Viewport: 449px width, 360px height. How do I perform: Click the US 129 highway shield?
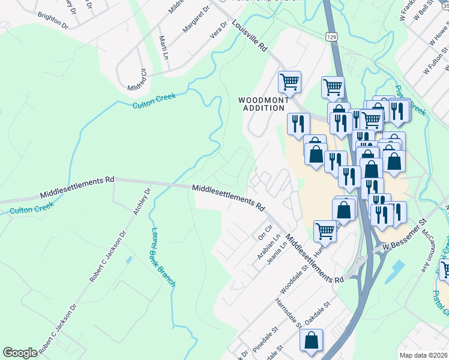[x=332, y=37]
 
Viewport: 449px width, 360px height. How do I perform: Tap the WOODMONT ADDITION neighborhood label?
[x=261, y=104]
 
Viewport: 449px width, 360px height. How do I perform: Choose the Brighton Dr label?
[x=52, y=20]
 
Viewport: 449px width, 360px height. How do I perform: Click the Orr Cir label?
[x=265, y=230]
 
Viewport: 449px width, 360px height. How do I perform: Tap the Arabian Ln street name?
[x=268, y=247]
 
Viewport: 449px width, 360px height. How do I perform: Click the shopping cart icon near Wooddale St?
[x=325, y=230]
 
